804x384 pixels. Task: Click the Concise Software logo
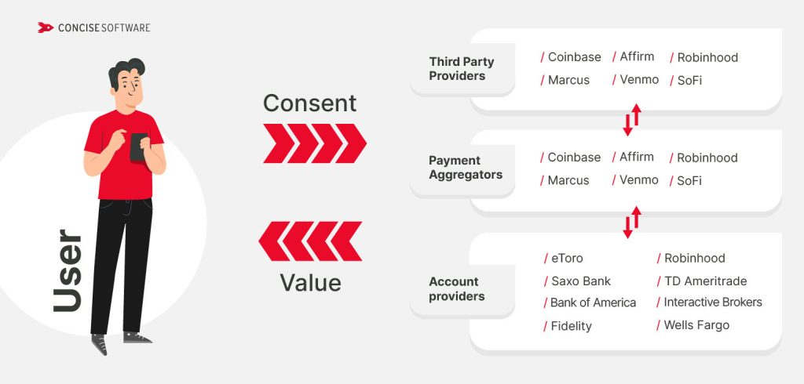[93, 27]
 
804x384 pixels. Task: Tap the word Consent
[309, 103]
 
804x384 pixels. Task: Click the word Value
[310, 281]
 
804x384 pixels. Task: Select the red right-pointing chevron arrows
[314, 143]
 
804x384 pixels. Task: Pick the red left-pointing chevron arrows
[310, 241]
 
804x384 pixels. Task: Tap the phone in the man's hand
[138, 146]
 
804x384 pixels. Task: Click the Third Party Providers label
[457, 69]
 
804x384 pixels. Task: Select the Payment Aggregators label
[465, 168]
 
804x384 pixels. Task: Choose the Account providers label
[456, 289]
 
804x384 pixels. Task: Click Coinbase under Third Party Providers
[574, 57]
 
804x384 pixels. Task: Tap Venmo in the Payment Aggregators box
[638, 180]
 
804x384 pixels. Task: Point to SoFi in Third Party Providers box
[689, 80]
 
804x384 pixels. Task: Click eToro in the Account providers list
[566, 258]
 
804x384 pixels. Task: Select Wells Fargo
[696, 324]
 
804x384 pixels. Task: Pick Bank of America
[593, 302]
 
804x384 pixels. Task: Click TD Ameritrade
[704, 281]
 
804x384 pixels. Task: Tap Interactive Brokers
[712, 302]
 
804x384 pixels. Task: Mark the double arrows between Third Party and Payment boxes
[632, 119]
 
